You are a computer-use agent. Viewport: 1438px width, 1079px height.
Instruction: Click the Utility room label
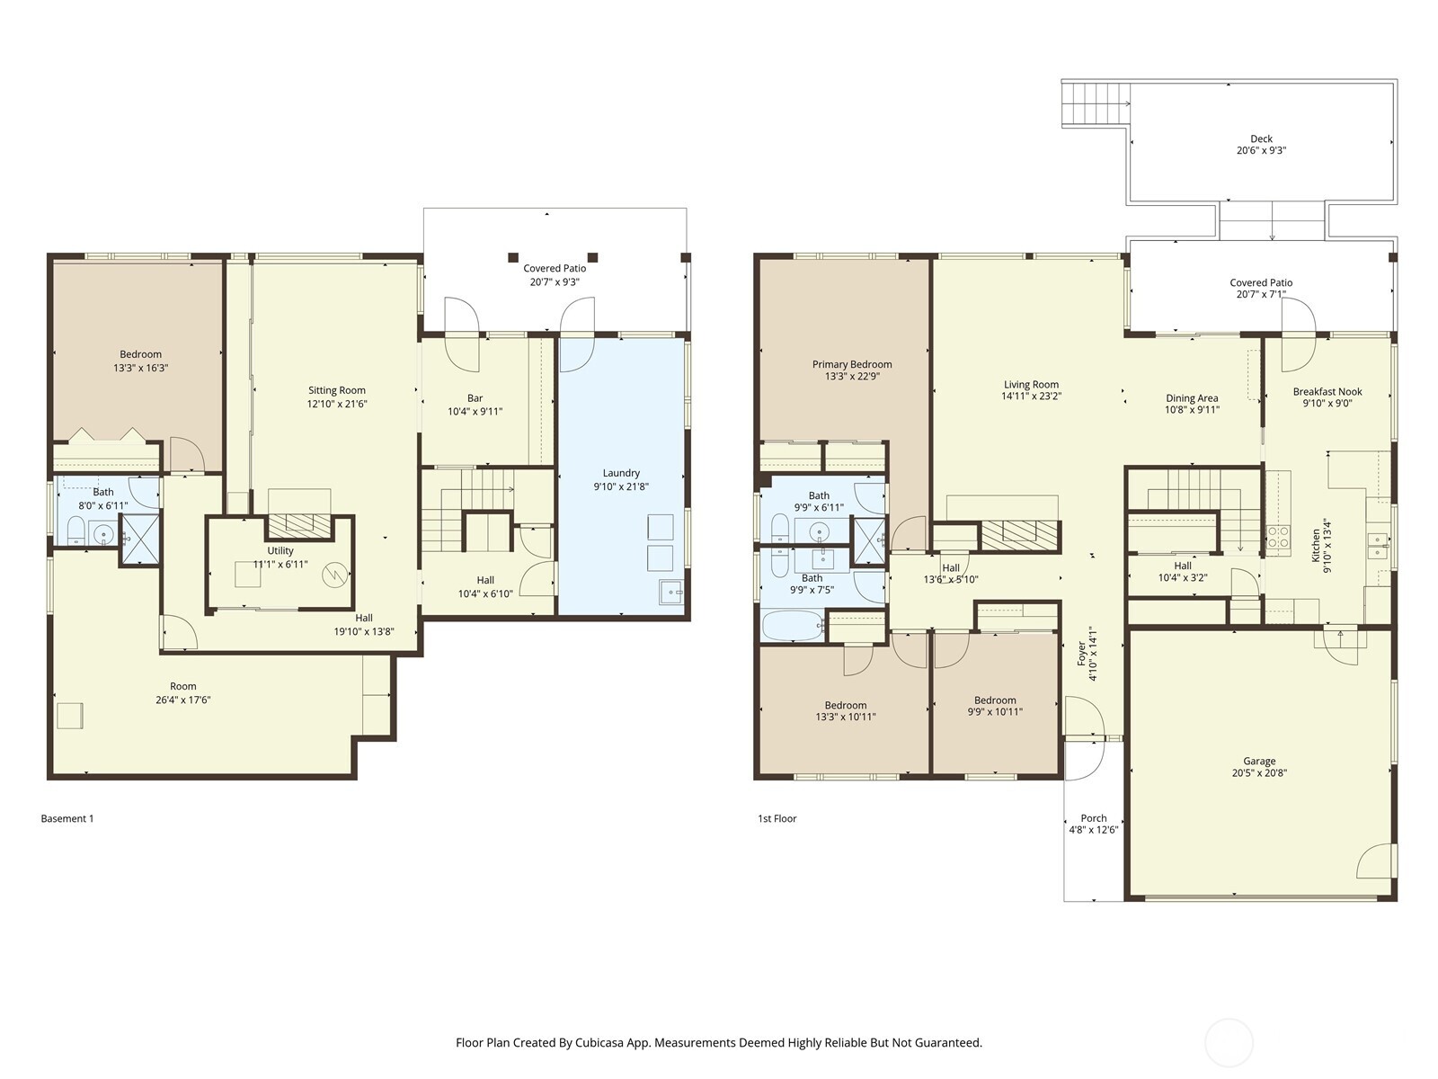[280, 550]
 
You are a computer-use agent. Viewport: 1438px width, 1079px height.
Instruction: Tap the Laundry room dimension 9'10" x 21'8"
[621, 486]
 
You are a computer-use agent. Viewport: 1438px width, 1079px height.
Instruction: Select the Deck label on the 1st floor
[1261, 138]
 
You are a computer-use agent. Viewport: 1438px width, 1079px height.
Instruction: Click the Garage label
[1259, 761]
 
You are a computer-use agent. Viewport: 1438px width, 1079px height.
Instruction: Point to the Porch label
[1094, 818]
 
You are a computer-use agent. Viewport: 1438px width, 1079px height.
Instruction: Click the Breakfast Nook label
[1327, 391]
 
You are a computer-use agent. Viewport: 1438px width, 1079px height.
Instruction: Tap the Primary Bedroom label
[852, 364]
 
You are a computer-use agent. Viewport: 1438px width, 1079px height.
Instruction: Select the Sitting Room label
[337, 390]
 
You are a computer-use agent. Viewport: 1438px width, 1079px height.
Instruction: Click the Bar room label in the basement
[475, 398]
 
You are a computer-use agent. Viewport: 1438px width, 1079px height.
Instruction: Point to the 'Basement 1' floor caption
[67, 818]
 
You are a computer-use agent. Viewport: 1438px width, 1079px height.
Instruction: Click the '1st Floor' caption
[777, 818]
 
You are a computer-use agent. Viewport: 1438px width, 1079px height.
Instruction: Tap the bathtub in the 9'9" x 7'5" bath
[792, 625]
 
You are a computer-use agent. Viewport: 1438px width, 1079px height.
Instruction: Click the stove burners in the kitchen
[1277, 538]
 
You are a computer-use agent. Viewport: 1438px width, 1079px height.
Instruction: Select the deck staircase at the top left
[1095, 103]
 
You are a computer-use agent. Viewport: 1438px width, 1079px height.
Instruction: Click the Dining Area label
[1192, 398]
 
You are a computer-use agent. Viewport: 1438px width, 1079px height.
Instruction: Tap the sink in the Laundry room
[670, 593]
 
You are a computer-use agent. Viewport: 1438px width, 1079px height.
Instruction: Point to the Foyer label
[1082, 653]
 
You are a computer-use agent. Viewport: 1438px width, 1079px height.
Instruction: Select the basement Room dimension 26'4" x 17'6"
[183, 700]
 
